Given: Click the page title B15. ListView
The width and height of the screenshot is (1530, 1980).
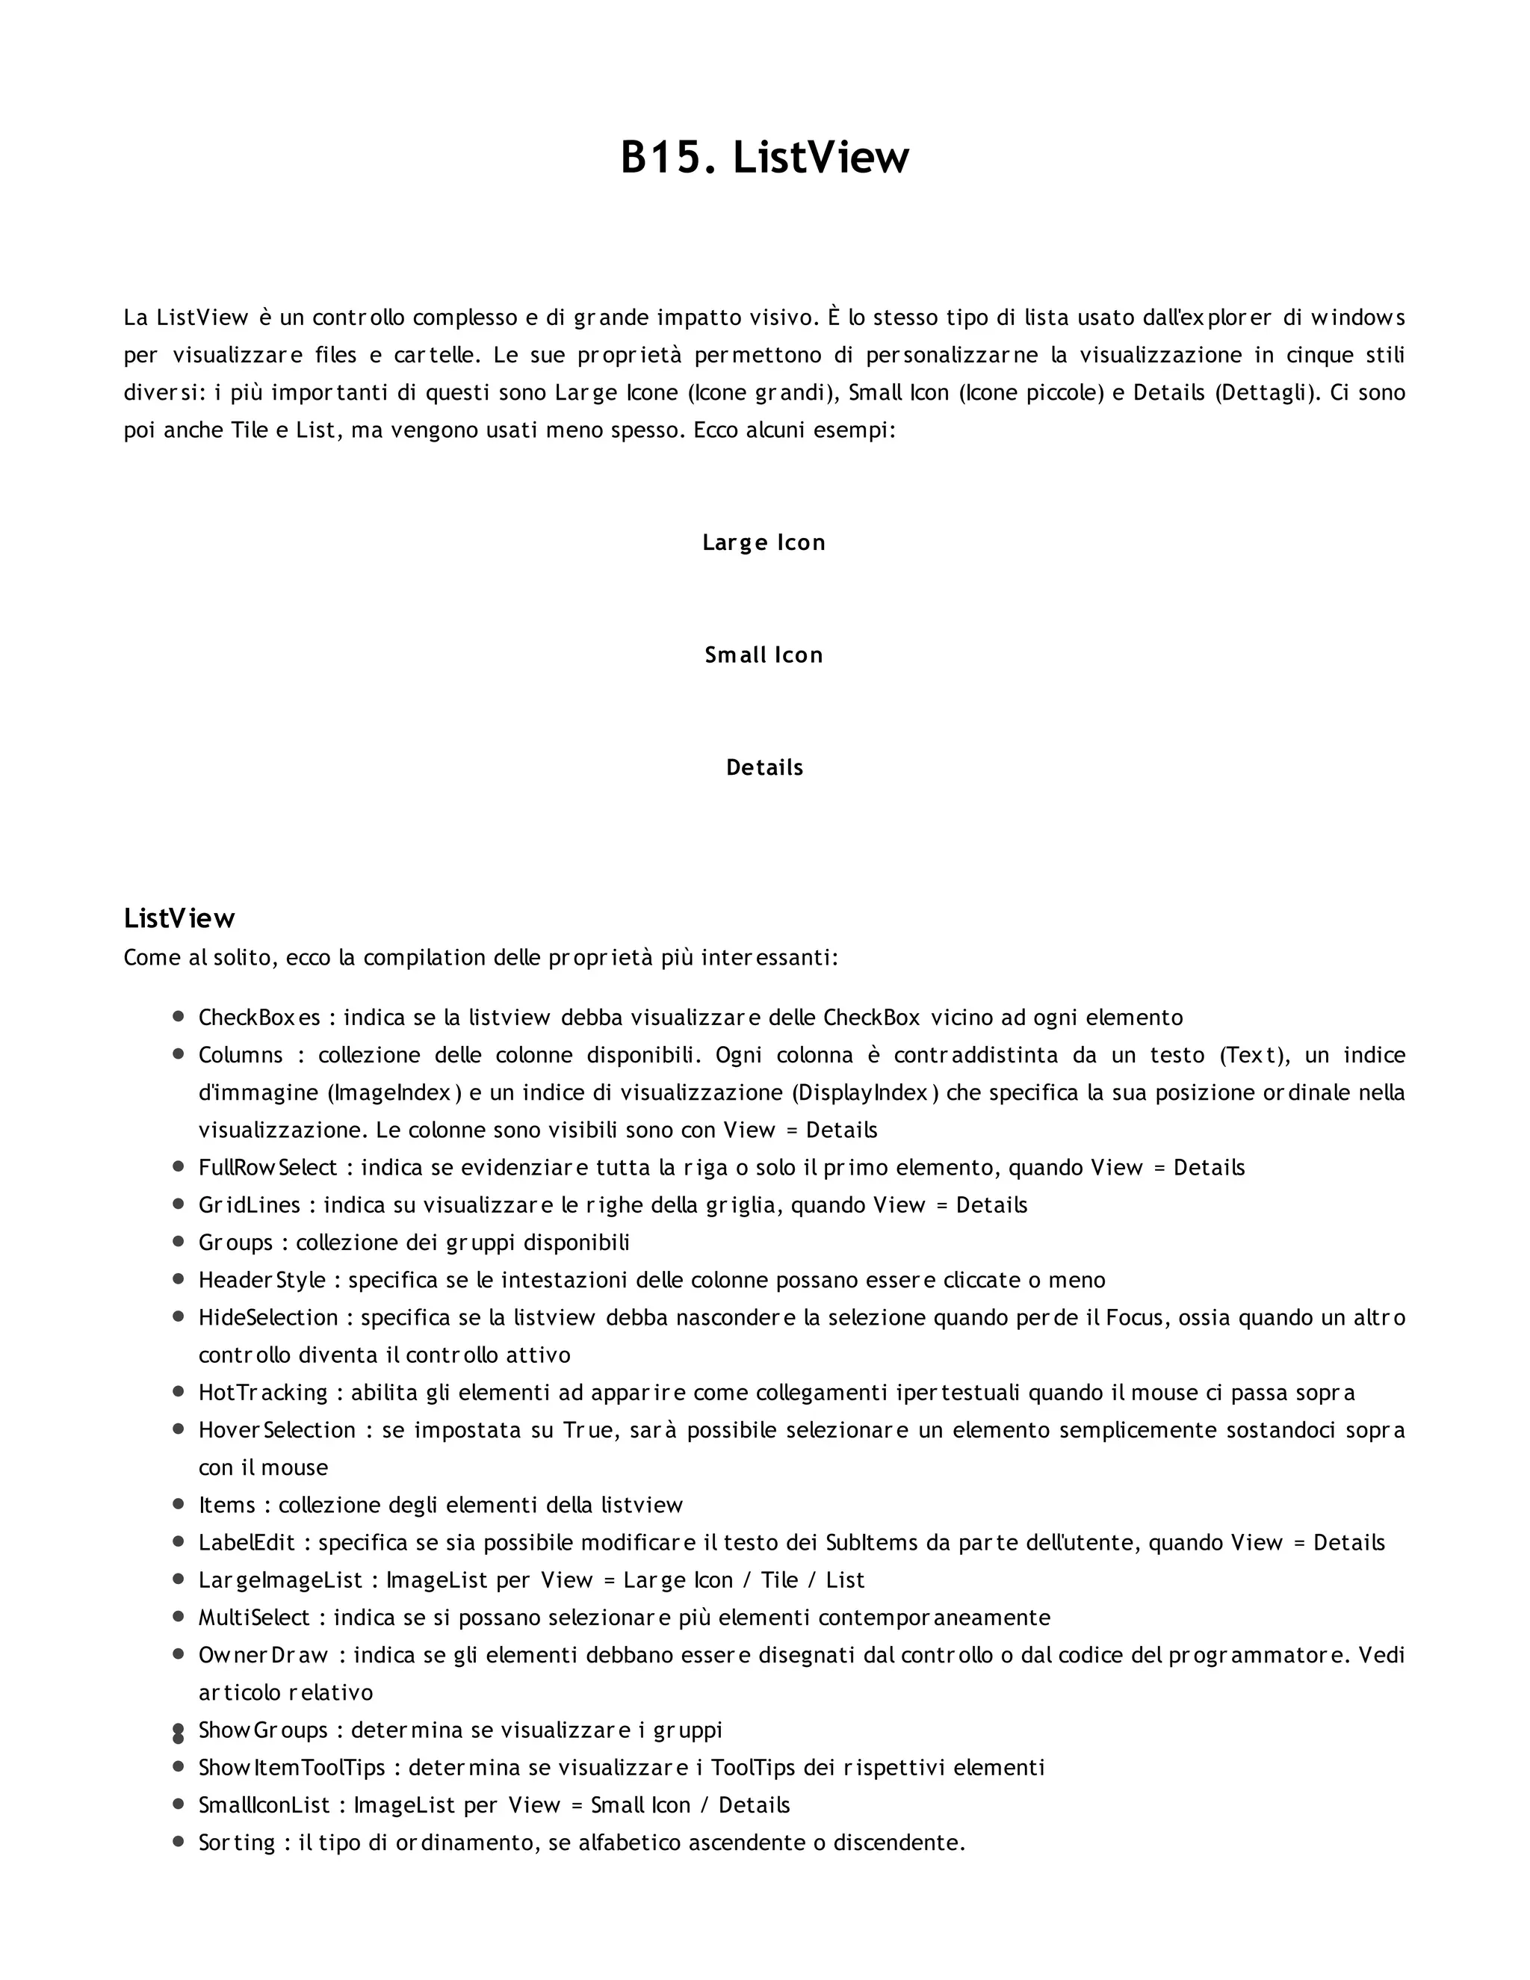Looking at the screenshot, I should pyautogui.click(x=764, y=158).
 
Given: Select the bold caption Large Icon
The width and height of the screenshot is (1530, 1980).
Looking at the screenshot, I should pyautogui.click(x=764, y=542).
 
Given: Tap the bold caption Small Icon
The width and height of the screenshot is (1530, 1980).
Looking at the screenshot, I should pyautogui.click(x=764, y=655).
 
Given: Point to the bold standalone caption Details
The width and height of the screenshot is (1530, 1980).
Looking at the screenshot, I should pyautogui.click(x=764, y=767).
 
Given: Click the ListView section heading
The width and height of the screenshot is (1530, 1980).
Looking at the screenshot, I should pyautogui.click(x=179, y=918).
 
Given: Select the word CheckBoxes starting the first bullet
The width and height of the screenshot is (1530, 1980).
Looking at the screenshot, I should pyautogui.click(x=259, y=1017).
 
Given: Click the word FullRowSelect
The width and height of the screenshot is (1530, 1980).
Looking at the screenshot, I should pyautogui.click(x=267, y=1167).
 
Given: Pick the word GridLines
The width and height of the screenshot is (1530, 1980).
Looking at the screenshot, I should pyautogui.click(x=250, y=1205).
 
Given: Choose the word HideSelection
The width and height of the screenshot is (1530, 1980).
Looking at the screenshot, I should pyautogui.click(x=268, y=1317).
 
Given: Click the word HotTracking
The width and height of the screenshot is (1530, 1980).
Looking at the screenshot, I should pyautogui.click(x=263, y=1393).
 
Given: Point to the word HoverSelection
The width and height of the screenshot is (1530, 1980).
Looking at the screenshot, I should pyautogui.click(x=277, y=1429).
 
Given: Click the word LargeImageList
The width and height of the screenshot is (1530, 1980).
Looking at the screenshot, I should pyautogui.click(x=281, y=1580).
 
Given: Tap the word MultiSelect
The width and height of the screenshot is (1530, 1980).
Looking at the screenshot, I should pyautogui.click(x=255, y=1618).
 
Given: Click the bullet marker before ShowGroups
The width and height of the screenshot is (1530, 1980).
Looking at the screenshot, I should pyautogui.click(x=179, y=1730).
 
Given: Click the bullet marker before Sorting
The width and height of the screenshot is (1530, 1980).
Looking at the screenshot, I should pyautogui.click(x=179, y=1843).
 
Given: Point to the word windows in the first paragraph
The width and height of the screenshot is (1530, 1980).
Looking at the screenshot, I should pyautogui.click(x=1357, y=318).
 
